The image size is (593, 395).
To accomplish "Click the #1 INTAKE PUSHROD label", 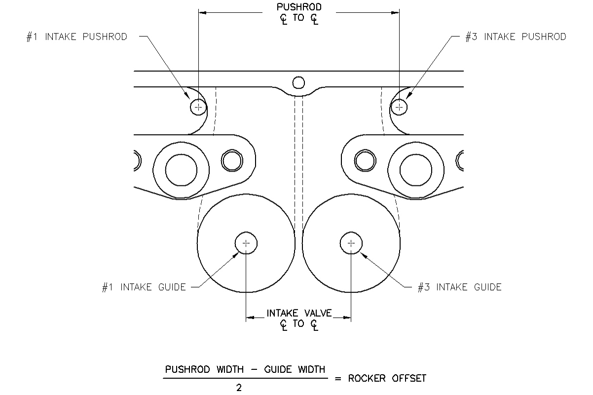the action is tap(77, 37).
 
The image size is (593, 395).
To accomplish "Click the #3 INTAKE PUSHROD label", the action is tap(516, 37).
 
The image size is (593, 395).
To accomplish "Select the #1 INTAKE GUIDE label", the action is tap(144, 287).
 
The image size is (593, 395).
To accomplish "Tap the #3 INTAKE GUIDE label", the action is tap(460, 287).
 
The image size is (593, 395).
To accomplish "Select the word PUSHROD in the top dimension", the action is tap(299, 7).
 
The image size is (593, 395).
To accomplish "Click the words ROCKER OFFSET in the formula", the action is tap(387, 378).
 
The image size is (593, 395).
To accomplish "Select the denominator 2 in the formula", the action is tap(239, 388).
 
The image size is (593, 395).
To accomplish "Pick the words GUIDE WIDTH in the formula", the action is tap(295, 369).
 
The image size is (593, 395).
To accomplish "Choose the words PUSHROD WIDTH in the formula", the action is tap(204, 369).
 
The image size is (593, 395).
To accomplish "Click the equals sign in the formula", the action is tap(338, 379).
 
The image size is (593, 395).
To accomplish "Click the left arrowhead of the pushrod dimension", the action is tap(203, 12).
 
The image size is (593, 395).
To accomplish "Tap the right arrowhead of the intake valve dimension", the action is tap(347, 318).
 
